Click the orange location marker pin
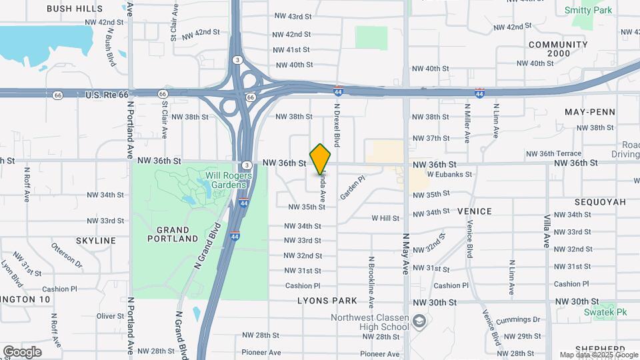point(321,158)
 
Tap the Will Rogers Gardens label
point(228,181)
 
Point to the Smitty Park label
point(588,11)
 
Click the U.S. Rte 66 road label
point(107,95)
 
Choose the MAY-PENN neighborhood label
point(589,111)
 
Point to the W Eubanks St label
point(449,175)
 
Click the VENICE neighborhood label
point(475,211)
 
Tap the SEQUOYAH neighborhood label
point(601,201)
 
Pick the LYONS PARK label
point(327,301)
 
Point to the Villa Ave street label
point(546,231)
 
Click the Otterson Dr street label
point(67,254)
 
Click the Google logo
point(22,351)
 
